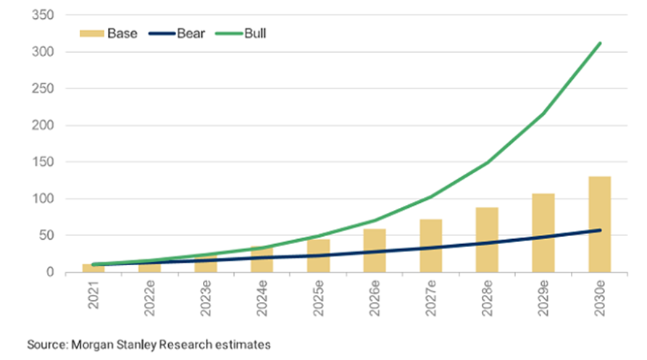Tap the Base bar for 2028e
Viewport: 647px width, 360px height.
coord(487,240)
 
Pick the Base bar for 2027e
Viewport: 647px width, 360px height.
coord(430,246)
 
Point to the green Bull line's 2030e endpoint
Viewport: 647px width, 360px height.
coord(600,43)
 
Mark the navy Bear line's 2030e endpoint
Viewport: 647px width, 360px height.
coord(600,230)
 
